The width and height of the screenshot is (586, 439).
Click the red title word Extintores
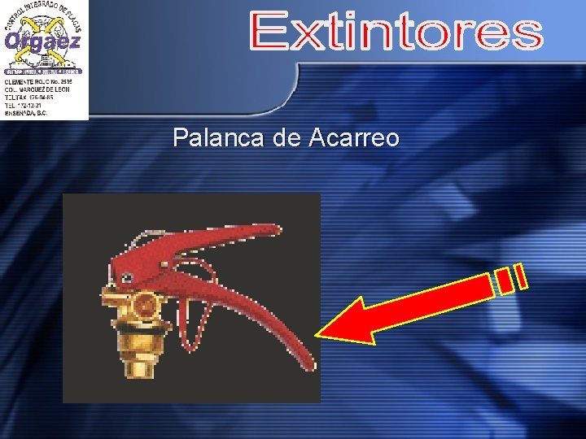[x=396, y=33]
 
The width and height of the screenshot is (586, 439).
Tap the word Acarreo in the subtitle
[x=354, y=138]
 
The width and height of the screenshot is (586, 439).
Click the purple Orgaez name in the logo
[x=42, y=41]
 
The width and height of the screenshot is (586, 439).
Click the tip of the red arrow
[x=319, y=334]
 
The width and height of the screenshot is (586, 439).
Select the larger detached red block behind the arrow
[x=505, y=280]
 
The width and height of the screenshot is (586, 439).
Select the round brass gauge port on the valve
[x=145, y=305]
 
